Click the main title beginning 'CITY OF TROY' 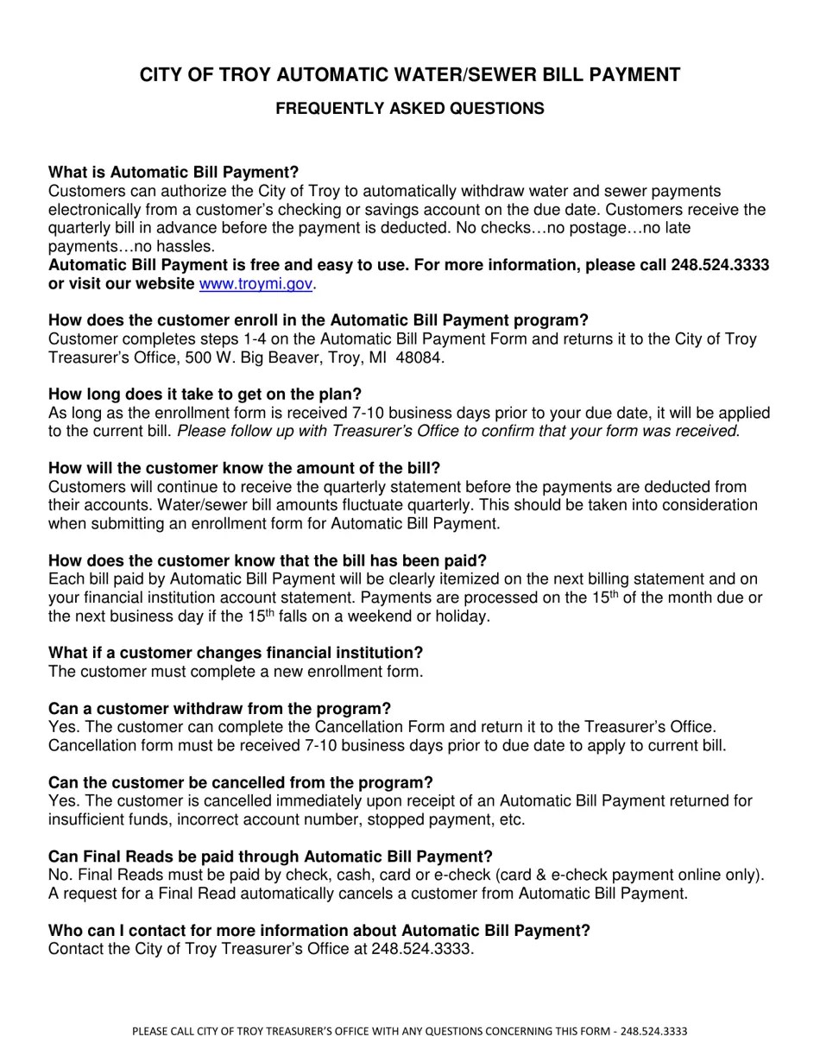click(x=409, y=75)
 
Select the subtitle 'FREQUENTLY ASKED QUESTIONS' click(x=409, y=109)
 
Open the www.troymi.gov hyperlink click(x=255, y=284)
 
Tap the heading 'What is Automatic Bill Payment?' click(x=173, y=173)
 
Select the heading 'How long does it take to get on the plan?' click(x=205, y=395)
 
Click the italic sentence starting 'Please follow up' click(x=457, y=431)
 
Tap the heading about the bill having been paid click(x=268, y=561)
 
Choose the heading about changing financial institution click(x=236, y=653)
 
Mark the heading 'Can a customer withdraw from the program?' click(x=219, y=709)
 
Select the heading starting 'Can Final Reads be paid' click(x=270, y=857)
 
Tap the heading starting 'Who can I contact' click(x=319, y=931)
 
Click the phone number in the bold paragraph click(x=720, y=265)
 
